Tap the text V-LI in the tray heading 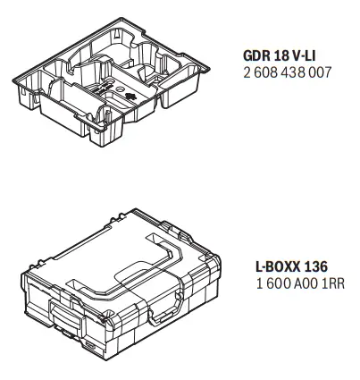[x=309, y=53]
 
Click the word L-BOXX [x=268, y=267]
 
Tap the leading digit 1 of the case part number [x=247, y=284]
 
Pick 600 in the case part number [x=264, y=284]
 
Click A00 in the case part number [x=289, y=284]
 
